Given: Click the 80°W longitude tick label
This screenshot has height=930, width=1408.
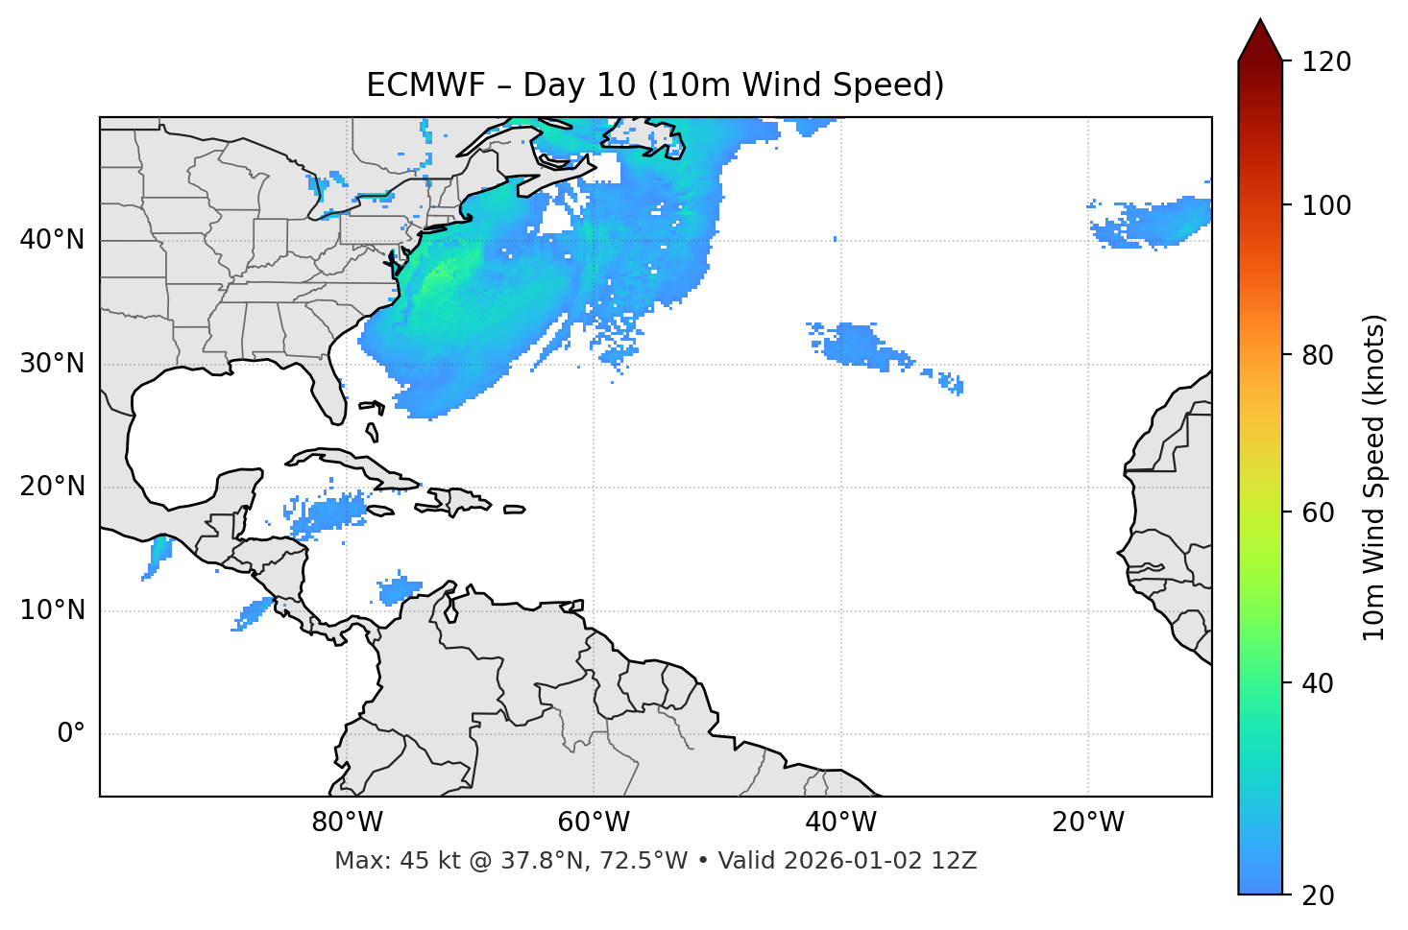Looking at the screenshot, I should point(347,823).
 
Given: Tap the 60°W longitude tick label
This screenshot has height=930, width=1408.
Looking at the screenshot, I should point(594,823).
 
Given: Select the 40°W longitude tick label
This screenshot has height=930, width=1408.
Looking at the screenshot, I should point(840,823).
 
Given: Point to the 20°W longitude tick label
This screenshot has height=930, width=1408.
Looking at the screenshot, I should point(1087,823).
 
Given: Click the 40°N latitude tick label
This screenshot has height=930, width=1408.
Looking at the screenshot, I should point(52,240).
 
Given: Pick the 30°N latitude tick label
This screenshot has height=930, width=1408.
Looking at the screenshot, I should point(52,364).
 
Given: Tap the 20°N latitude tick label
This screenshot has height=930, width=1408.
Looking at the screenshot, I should point(52,487).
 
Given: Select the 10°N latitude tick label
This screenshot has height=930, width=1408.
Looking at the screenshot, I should point(52,610).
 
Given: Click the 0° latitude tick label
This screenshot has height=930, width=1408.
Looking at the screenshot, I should point(71,734).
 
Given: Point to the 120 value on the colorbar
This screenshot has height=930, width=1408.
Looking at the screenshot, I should point(1326,61).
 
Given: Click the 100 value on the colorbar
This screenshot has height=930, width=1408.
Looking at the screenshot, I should point(1326,205).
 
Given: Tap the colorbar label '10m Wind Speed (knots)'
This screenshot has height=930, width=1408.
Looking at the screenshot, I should point(1374,477).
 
